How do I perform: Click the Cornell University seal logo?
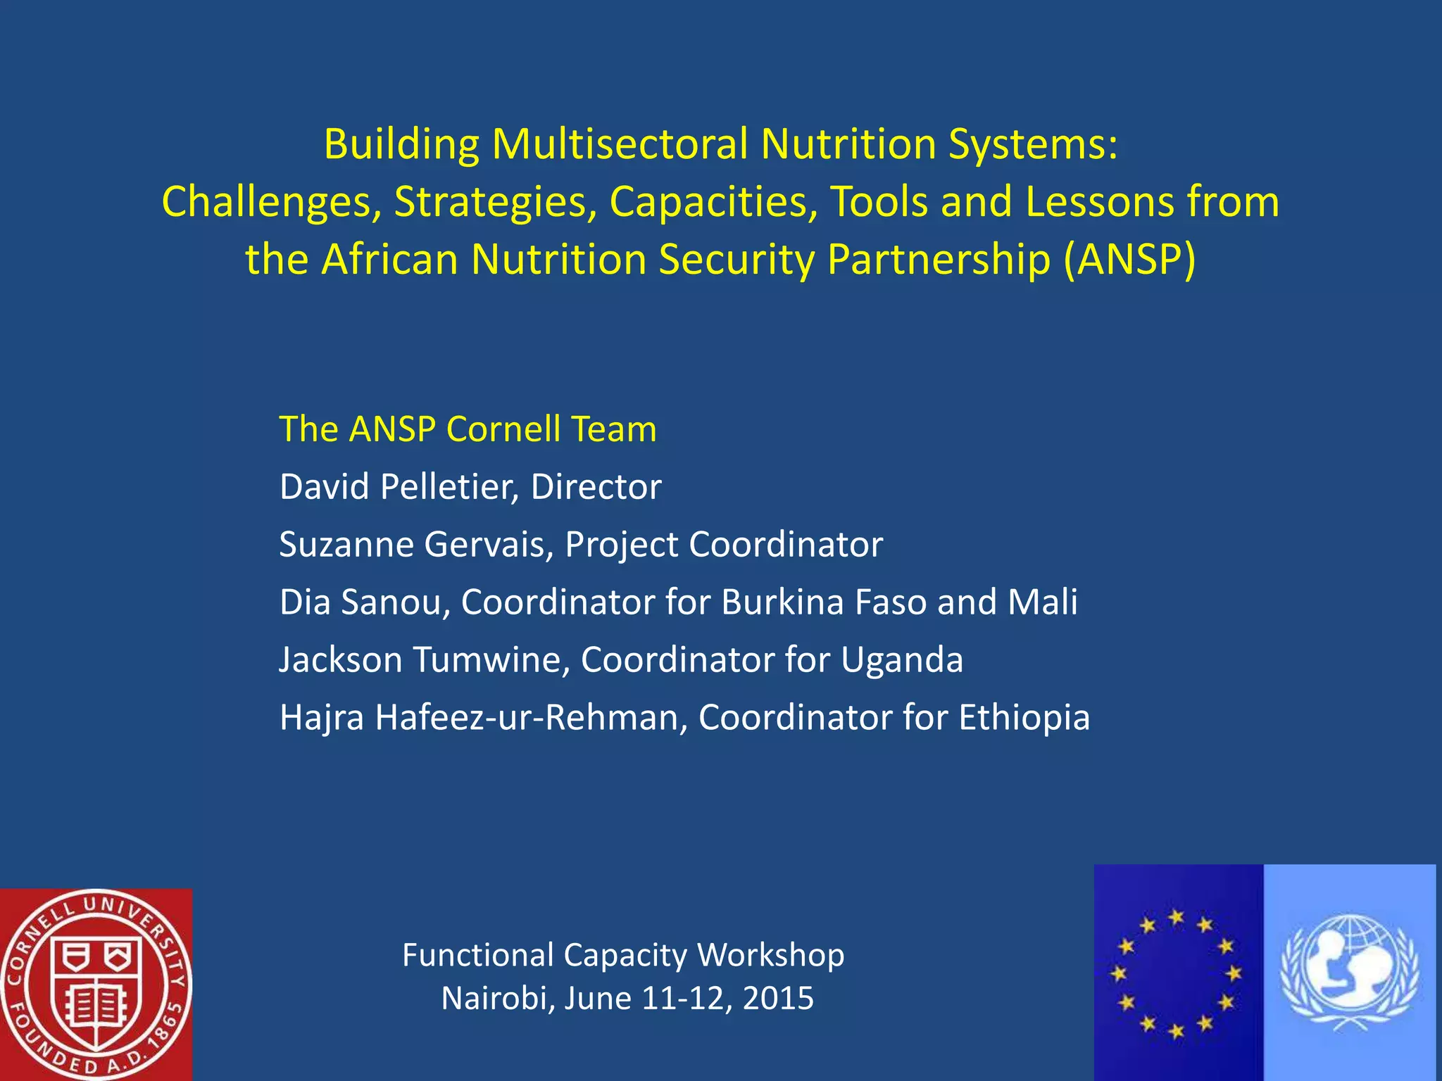95,984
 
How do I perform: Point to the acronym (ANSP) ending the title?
1129,259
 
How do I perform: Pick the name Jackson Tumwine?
424,660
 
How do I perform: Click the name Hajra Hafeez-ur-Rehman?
483,718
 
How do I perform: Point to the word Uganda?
902,660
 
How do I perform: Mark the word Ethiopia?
1024,718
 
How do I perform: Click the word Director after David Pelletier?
596,487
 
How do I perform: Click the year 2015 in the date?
778,999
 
